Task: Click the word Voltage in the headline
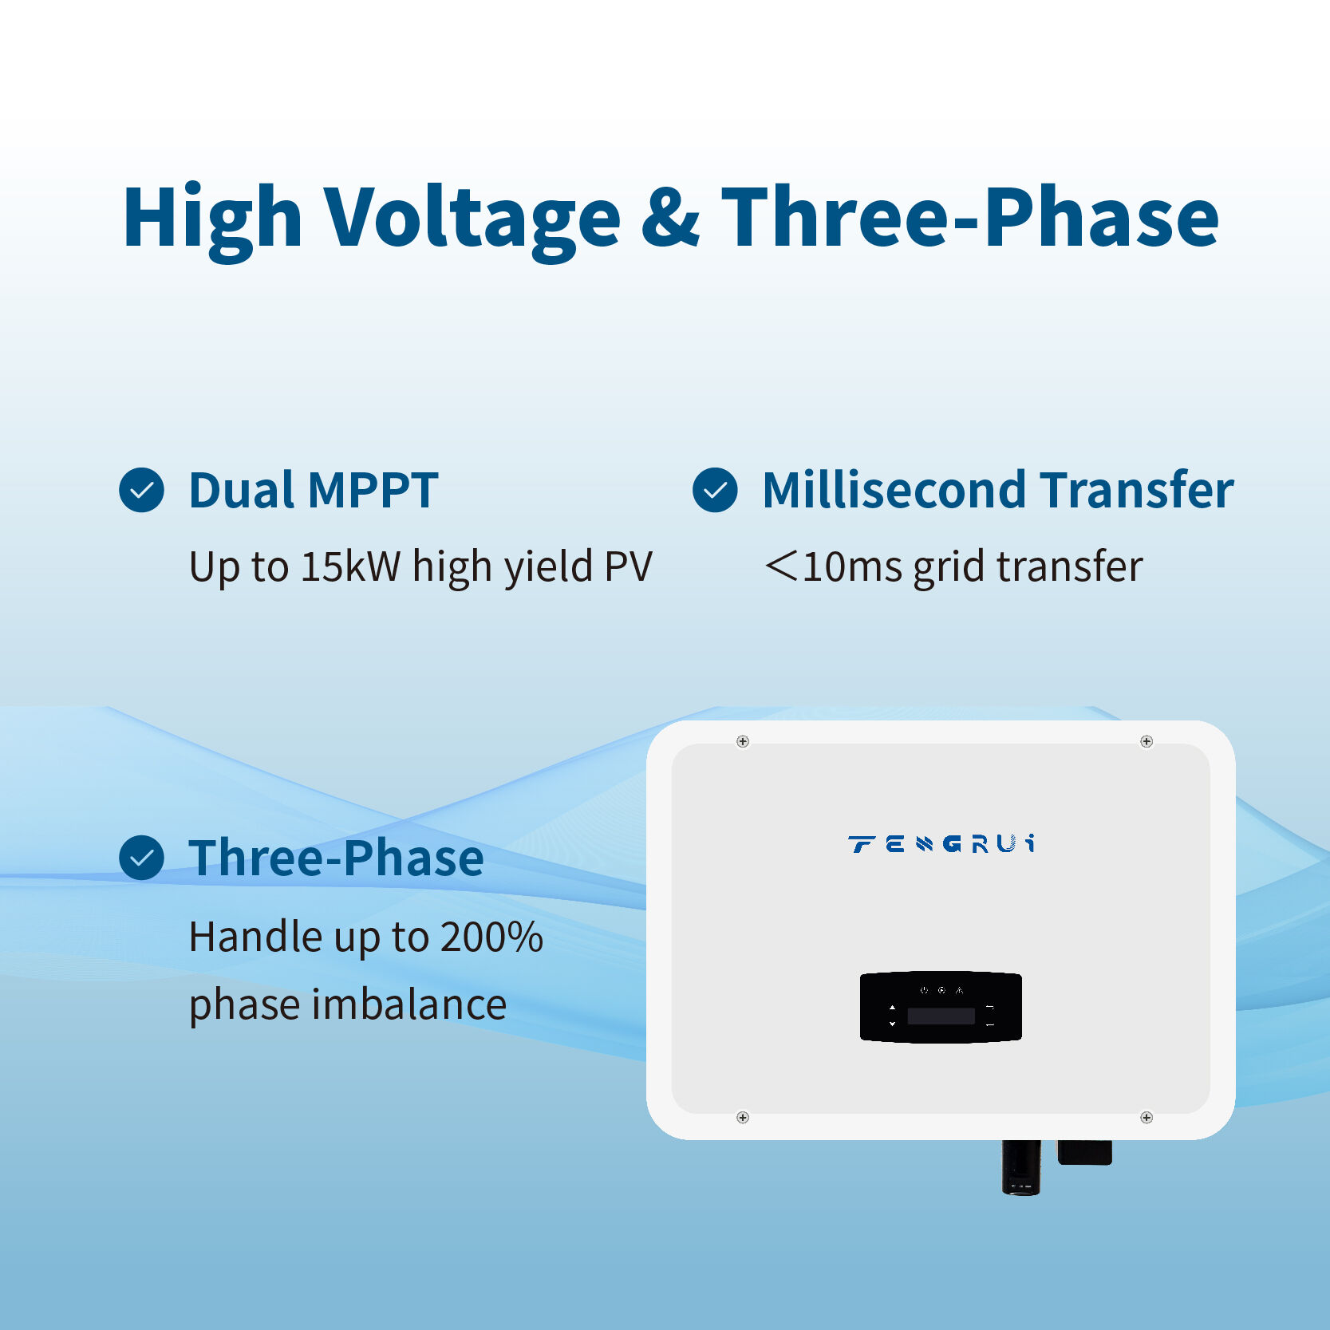pyautogui.click(x=472, y=217)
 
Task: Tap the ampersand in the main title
pyautogui.click(x=670, y=217)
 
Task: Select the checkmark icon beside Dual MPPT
pyautogui.click(x=141, y=490)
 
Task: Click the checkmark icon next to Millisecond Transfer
pyautogui.click(x=715, y=490)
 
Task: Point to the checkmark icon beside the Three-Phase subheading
pyautogui.click(x=141, y=858)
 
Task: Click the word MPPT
pyautogui.click(x=373, y=490)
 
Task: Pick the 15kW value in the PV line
pyautogui.click(x=350, y=566)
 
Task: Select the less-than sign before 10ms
pyautogui.click(x=781, y=566)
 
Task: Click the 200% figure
pyautogui.click(x=491, y=937)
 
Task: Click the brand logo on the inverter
pyautogui.click(x=941, y=844)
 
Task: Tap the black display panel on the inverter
pyautogui.click(x=941, y=1007)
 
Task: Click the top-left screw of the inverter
pyautogui.click(x=743, y=741)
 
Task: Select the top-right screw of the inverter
pyautogui.click(x=1146, y=741)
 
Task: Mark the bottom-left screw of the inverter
pyautogui.click(x=743, y=1117)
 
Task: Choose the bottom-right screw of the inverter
pyautogui.click(x=1146, y=1117)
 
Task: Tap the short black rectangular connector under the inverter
pyautogui.click(x=1084, y=1152)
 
